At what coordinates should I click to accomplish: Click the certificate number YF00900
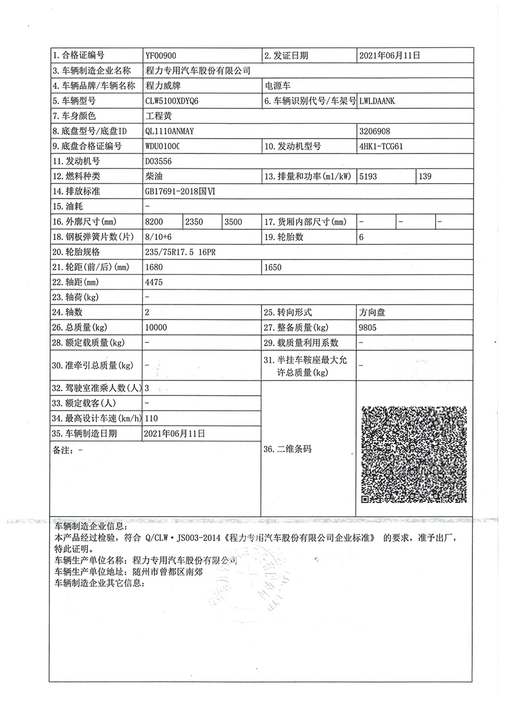[160, 56]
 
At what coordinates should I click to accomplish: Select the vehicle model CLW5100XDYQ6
[172, 101]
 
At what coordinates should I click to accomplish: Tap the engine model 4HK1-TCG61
[381, 146]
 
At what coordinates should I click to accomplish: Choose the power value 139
[426, 177]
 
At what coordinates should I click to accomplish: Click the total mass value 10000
[156, 327]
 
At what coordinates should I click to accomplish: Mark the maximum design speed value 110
[152, 418]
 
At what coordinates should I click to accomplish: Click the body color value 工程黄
[158, 116]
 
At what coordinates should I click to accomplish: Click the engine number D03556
[159, 161]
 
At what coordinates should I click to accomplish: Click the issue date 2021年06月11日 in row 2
[389, 56]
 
